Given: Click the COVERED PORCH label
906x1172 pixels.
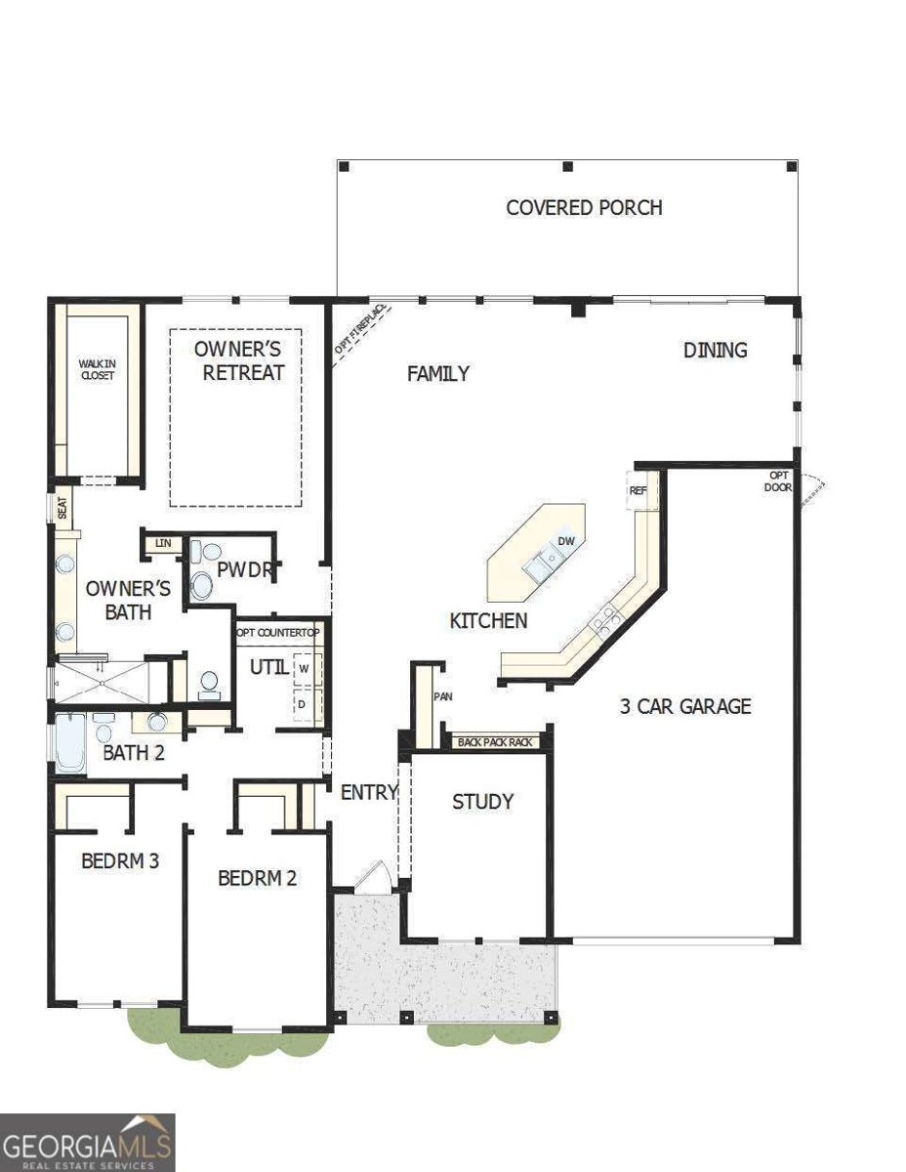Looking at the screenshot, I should [584, 208].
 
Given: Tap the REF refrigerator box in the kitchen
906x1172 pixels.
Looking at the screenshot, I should [638, 490].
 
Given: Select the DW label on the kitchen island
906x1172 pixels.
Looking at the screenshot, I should [565, 541].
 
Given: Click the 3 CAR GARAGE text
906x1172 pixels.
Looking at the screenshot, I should [685, 705].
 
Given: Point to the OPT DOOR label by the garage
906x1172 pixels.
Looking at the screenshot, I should [779, 481].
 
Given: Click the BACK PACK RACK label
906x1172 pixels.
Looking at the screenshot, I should [495, 742].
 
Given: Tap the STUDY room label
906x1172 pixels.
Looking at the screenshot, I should [482, 802].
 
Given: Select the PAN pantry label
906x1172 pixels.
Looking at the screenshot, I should [439, 696].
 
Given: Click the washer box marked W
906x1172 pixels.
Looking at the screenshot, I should [304, 669].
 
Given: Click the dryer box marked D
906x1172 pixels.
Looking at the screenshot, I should [304, 703].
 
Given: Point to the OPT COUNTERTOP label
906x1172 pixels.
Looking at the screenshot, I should [278, 633].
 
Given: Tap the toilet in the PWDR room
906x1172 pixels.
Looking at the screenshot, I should [201, 585].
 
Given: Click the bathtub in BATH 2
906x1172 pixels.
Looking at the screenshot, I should [71, 742].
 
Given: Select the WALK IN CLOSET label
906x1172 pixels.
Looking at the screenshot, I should [97, 369].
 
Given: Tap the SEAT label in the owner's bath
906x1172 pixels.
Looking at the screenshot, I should [62, 508].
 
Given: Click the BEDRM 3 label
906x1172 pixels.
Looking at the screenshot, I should [120, 861].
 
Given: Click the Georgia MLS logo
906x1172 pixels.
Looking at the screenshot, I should [87, 1143].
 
